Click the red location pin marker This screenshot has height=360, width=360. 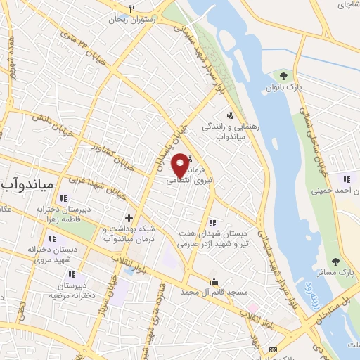click(181, 165)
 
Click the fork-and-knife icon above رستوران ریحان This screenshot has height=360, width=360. click(130, 8)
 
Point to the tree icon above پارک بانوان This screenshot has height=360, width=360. click(283, 75)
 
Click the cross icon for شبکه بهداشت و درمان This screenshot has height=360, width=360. click(129, 218)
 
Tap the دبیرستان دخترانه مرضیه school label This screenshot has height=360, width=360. click(72, 290)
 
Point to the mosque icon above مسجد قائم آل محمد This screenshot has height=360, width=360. click(214, 280)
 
